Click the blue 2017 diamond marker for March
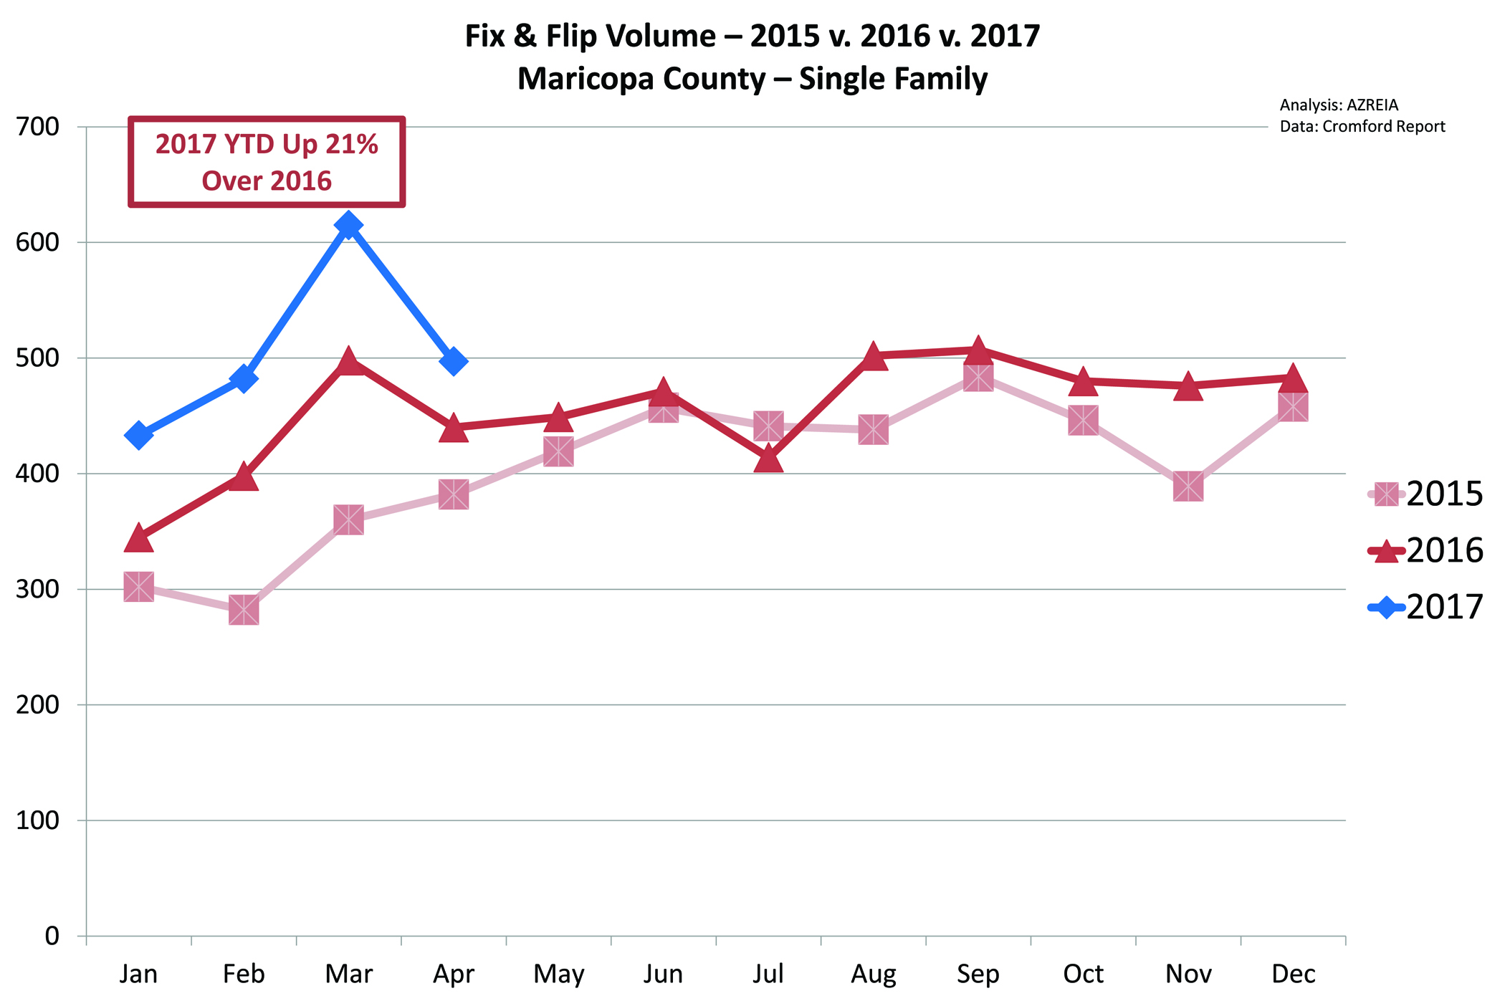[x=348, y=226]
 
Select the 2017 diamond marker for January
[x=138, y=435]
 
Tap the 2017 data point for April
[x=454, y=361]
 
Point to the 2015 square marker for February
[x=244, y=610]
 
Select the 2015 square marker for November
[x=1188, y=487]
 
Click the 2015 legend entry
[x=1426, y=494]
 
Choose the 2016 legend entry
[x=1426, y=551]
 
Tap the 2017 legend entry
[x=1426, y=608]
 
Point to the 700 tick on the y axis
[x=37, y=127]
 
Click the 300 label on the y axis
[x=37, y=589]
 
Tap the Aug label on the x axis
[x=873, y=974]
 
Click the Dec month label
[x=1294, y=974]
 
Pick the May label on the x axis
[x=559, y=974]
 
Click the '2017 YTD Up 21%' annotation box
[x=267, y=163]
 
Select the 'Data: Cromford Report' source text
[x=1362, y=127]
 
